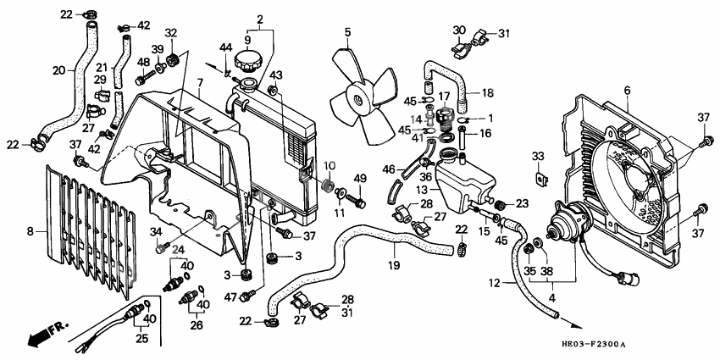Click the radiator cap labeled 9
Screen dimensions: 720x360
[248, 62]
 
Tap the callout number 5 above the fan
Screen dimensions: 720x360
[347, 32]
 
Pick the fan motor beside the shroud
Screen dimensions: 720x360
[564, 223]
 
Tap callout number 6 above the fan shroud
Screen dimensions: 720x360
[627, 91]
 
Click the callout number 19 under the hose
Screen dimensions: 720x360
[394, 265]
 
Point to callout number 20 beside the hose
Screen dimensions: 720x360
[58, 70]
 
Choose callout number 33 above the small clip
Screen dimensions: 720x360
[538, 157]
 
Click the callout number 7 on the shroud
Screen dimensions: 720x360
[200, 83]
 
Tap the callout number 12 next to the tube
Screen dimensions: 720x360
[494, 284]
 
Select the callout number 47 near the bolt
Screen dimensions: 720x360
[231, 298]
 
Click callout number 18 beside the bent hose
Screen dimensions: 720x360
[488, 93]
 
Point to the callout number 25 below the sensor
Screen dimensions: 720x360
[142, 339]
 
